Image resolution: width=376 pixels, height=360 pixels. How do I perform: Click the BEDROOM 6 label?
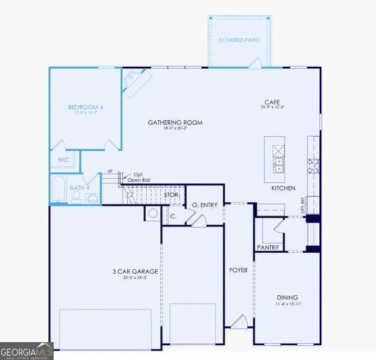tap(86, 107)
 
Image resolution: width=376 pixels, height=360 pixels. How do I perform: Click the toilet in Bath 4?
tap(77, 197)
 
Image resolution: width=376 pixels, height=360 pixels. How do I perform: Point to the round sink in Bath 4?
tap(93, 199)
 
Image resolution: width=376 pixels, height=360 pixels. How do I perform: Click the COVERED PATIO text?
tap(239, 40)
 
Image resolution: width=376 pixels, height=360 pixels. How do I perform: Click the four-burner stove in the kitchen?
tap(313, 166)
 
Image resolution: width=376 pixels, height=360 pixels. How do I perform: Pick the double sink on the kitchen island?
tap(278, 167)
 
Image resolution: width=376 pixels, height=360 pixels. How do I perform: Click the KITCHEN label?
tap(283, 188)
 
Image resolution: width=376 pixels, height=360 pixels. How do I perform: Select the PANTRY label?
tap(268, 247)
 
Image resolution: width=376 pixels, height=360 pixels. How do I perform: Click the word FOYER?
tap(238, 270)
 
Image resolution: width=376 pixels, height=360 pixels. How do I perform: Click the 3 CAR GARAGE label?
tap(135, 271)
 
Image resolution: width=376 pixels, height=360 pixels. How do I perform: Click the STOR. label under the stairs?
tap(171, 194)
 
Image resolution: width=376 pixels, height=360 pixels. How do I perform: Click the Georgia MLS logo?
tap(26, 351)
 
